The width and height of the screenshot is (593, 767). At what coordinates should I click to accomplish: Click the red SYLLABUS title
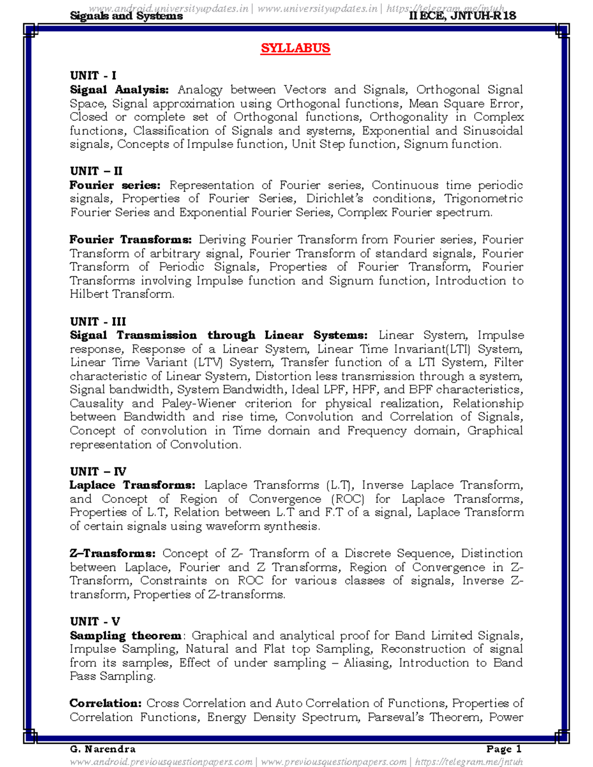pyautogui.click(x=296, y=48)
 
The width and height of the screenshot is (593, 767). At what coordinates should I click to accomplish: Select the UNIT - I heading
pyautogui.click(x=93, y=76)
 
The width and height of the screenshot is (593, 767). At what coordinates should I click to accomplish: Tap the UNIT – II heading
pyautogui.click(x=96, y=171)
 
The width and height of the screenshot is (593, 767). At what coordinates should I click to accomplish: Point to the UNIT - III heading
pyautogui.click(x=98, y=322)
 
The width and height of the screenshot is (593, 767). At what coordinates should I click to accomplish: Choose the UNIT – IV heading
pyautogui.click(x=98, y=472)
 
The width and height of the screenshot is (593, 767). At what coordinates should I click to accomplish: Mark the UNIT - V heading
pyautogui.click(x=95, y=622)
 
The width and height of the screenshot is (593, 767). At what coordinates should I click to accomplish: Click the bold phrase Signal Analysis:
pyautogui.click(x=119, y=90)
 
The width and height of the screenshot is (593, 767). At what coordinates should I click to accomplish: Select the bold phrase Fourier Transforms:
pyautogui.click(x=130, y=240)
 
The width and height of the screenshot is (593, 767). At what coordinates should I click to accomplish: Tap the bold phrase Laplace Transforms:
pyautogui.click(x=132, y=485)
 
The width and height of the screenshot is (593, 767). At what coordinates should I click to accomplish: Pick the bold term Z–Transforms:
pyautogui.click(x=113, y=554)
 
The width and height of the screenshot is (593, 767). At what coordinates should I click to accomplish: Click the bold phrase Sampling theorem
pyautogui.click(x=126, y=636)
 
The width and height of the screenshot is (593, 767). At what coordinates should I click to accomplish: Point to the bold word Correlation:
pyautogui.click(x=106, y=703)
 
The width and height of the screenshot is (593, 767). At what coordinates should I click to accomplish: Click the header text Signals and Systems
pyautogui.click(x=127, y=16)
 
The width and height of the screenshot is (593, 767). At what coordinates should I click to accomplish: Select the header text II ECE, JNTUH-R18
pyautogui.click(x=463, y=16)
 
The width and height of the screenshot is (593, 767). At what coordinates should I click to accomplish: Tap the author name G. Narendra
pyautogui.click(x=103, y=749)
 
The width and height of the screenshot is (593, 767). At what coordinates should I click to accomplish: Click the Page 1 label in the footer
pyautogui.click(x=504, y=749)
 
